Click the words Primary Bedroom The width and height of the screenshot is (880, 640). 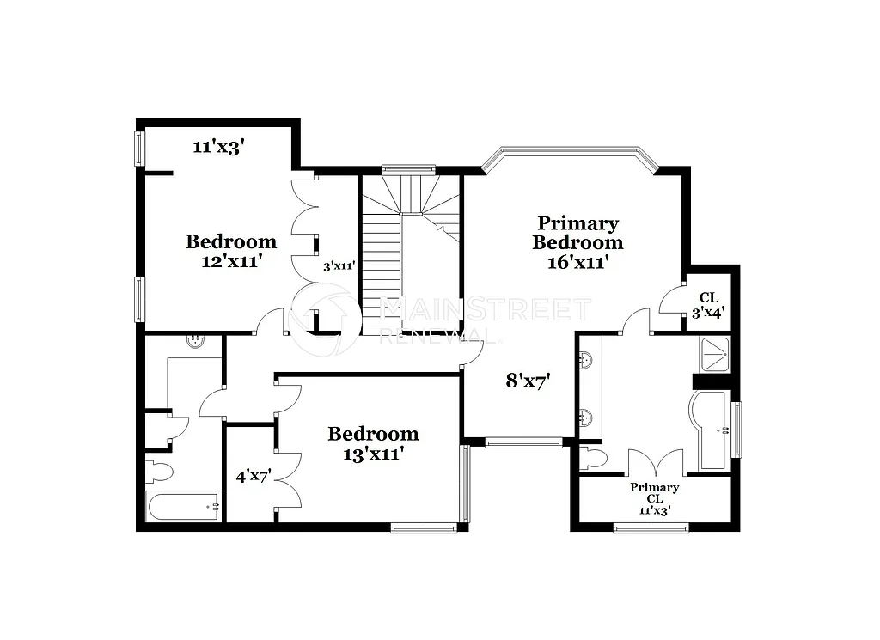point(577,233)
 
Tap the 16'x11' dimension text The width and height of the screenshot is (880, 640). point(577,262)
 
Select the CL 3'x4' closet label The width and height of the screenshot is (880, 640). point(709,306)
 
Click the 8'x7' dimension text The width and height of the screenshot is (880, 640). point(528,380)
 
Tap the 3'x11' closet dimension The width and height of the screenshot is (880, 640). point(339,267)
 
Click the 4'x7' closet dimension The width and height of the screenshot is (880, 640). point(254,475)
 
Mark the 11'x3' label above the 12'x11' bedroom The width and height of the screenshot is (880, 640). point(220,147)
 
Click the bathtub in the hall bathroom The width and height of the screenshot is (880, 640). point(184,507)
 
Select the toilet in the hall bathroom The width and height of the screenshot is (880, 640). point(160,471)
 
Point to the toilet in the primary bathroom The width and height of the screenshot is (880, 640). point(593,456)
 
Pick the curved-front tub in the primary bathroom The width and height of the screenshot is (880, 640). point(711,430)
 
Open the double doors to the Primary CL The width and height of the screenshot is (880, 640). point(656,463)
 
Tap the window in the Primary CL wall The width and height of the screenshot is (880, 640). point(651,527)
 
